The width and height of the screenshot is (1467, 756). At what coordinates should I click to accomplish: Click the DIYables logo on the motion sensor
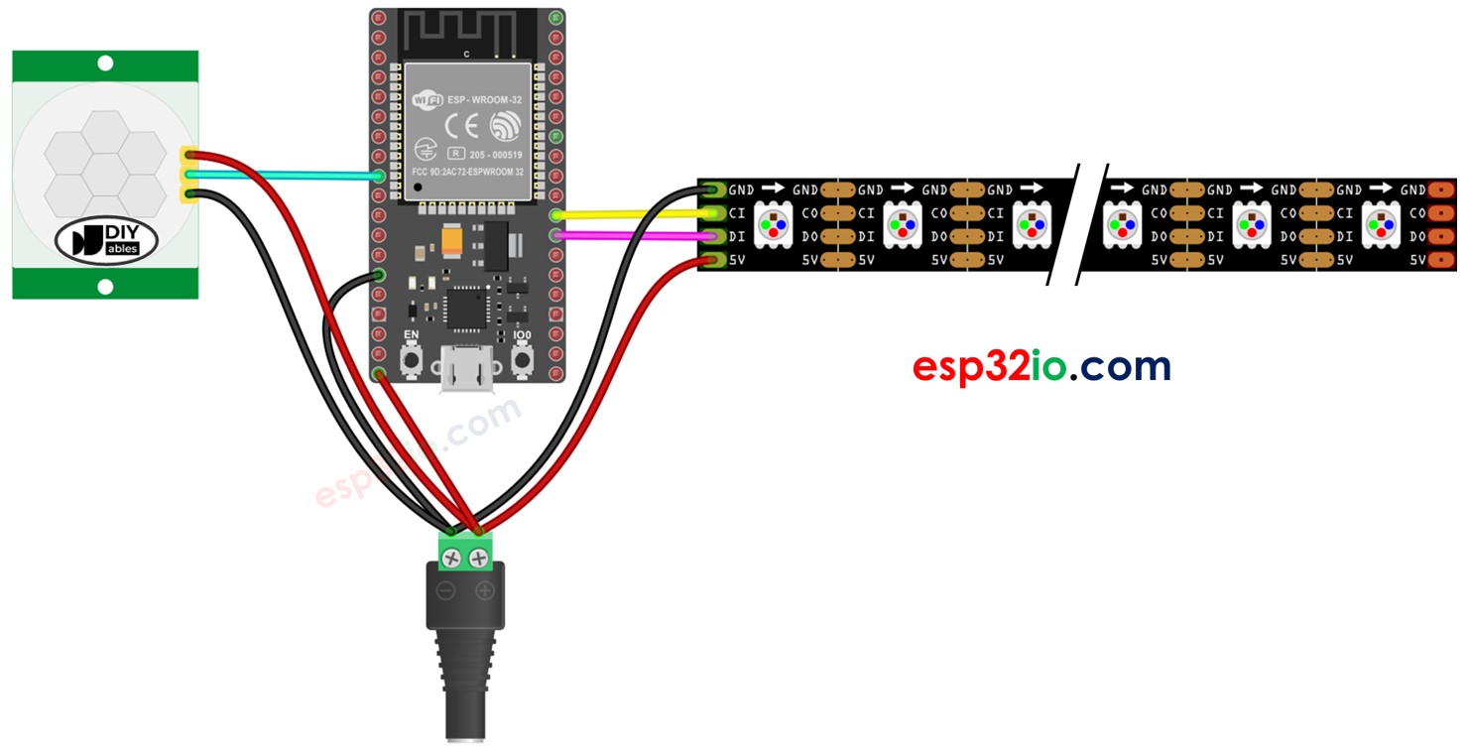tap(106, 241)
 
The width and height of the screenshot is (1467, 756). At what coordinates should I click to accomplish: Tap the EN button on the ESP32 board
tap(410, 359)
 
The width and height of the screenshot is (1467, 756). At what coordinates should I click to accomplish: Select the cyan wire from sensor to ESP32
tap(288, 176)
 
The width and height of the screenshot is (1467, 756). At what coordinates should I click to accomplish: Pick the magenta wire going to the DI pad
tap(630, 236)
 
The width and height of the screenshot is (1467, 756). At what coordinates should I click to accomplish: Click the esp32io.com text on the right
tap(1041, 367)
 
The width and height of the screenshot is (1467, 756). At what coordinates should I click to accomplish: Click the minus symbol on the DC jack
tap(446, 591)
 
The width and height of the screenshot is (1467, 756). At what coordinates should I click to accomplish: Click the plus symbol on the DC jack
tap(485, 591)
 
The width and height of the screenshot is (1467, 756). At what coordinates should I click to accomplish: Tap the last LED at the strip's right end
tap(1381, 225)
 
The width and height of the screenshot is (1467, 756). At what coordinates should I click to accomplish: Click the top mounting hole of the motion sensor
tap(106, 63)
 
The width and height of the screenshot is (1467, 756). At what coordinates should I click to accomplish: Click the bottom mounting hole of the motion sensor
tap(106, 287)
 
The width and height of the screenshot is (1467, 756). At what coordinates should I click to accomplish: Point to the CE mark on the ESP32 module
tap(464, 126)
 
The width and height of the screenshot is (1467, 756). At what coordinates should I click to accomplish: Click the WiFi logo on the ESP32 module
tap(427, 100)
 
